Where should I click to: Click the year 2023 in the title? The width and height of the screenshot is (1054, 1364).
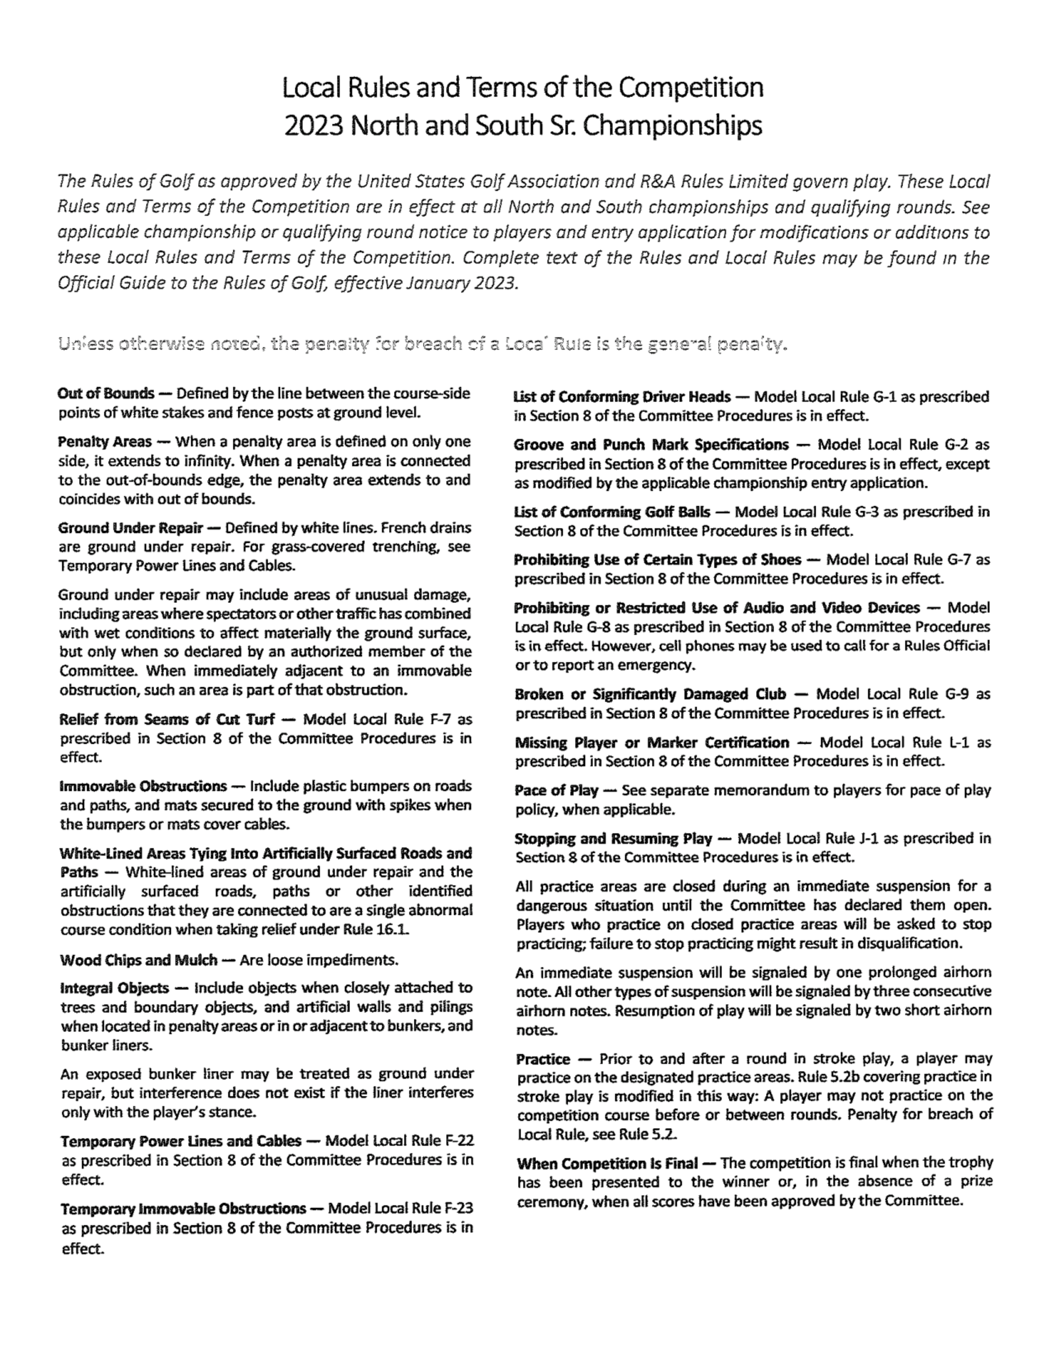click(x=314, y=125)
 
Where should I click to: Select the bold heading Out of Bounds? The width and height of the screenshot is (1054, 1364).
click(x=105, y=394)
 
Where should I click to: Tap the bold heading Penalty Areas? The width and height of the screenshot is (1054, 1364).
click(x=104, y=442)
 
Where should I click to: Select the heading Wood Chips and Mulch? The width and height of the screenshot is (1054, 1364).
click(x=139, y=959)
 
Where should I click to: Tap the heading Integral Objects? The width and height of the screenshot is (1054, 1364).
click(x=114, y=988)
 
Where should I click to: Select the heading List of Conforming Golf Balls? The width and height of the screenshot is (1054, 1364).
click(x=611, y=512)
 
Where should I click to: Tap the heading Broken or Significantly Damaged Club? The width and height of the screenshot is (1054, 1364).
click(x=649, y=694)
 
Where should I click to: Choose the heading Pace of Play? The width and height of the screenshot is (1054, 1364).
click(x=556, y=790)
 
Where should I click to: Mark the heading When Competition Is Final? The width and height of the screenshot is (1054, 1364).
click(x=607, y=1163)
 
